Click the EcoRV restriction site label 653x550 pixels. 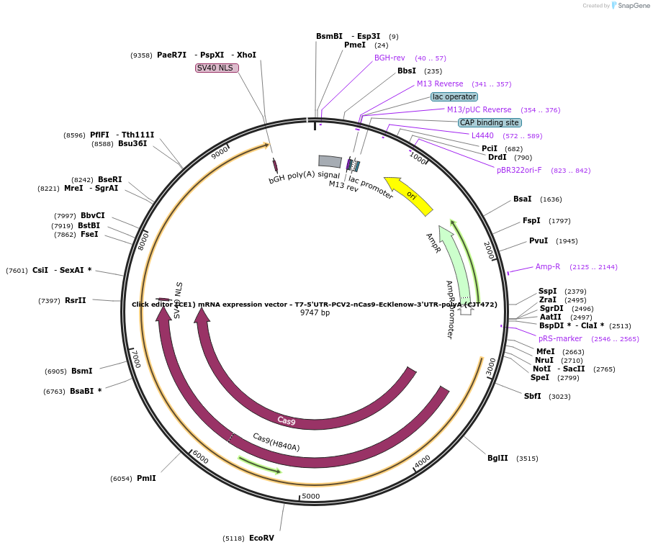261,538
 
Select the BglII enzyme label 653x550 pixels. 497,458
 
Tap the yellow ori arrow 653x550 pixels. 408,196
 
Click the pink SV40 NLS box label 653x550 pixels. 216,68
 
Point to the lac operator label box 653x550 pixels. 454,96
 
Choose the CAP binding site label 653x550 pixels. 490,122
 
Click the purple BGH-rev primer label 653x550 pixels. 389,58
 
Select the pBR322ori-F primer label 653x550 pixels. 519,170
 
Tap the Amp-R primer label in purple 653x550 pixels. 548,266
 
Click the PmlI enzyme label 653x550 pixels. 146,478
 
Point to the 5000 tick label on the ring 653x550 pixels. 310,496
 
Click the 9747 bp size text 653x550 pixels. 315,313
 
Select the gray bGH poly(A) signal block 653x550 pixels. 330,161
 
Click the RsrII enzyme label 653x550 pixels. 76,300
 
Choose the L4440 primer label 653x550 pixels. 482,135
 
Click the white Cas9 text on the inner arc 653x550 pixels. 286,420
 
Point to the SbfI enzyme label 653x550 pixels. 533,396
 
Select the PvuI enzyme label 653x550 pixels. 539,240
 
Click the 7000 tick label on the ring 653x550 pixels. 135,359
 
